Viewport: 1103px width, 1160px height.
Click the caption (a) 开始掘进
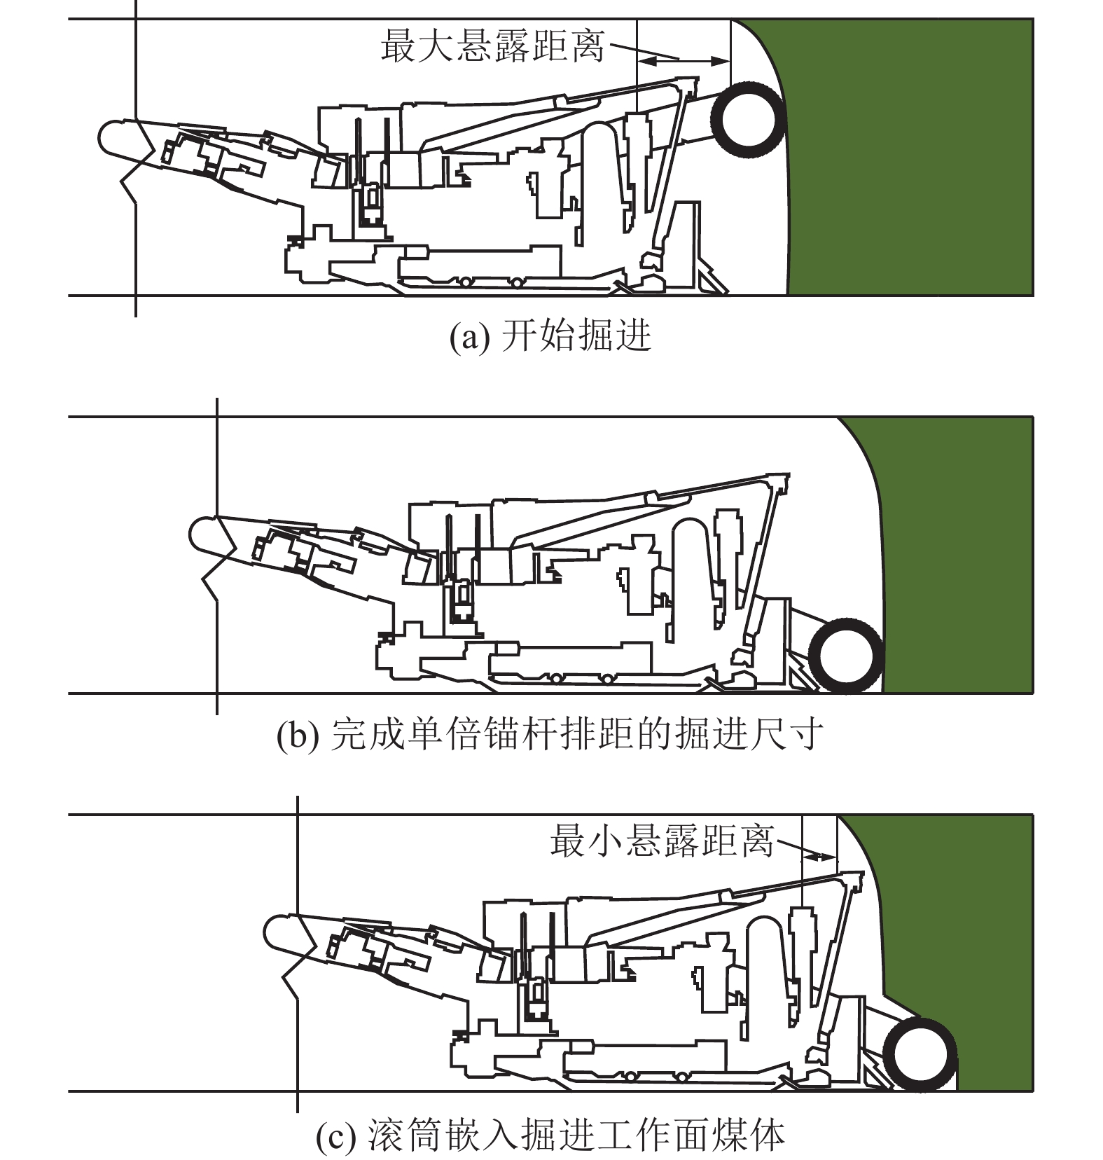(550, 336)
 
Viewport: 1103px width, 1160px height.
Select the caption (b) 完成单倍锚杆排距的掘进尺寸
(550, 734)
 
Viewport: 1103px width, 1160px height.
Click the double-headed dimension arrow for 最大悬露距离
(684, 62)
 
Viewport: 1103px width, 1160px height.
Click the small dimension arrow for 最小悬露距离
(819, 855)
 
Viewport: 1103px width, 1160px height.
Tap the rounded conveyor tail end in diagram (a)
(112, 137)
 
